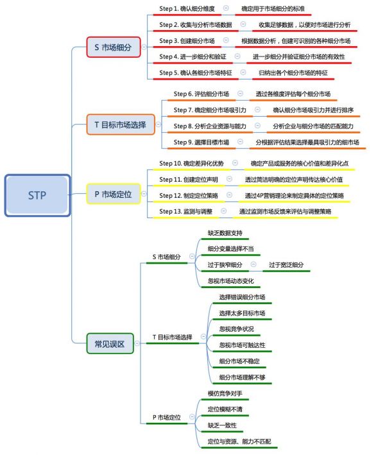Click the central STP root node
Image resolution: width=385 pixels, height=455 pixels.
(37, 194)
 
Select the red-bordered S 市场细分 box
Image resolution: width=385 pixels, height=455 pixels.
(113, 47)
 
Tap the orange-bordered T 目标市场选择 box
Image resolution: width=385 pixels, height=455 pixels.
(121, 124)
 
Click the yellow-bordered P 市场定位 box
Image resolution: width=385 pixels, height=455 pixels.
(113, 193)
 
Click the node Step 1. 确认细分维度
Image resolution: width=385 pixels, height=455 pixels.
(187, 9)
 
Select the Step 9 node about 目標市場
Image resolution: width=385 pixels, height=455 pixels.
(201, 142)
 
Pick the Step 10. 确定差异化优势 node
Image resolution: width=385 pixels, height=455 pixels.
(192, 164)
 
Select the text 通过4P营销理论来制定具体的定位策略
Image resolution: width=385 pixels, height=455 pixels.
(295, 195)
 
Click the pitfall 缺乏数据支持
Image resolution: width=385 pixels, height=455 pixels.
(225, 232)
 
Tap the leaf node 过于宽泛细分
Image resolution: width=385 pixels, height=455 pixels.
(286, 264)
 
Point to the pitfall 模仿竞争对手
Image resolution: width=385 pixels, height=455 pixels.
(225, 392)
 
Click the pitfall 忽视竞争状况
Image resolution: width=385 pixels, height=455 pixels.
(236, 329)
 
